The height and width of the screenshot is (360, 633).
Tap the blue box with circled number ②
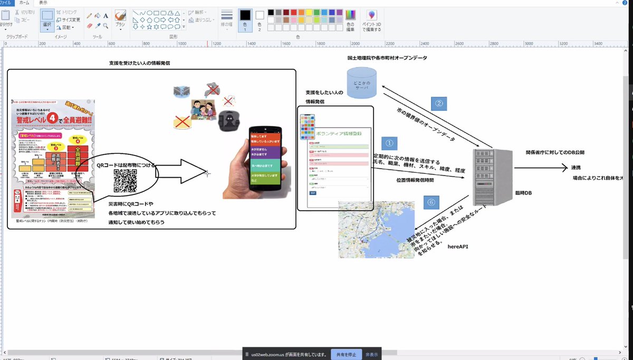tap(439, 103)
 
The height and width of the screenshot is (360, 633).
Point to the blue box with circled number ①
tap(388, 143)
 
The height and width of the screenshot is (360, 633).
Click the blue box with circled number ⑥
tap(431, 202)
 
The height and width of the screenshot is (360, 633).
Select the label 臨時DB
tap(524, 193)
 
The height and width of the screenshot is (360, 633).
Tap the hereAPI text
tap(458, 246)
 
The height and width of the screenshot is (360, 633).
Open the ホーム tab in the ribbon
tap(24, 3)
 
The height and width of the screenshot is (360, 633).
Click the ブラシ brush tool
tap(120, 18)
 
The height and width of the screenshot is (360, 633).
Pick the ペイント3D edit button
tap(372, 21)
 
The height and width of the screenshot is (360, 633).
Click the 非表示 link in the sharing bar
tap(372, 354)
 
